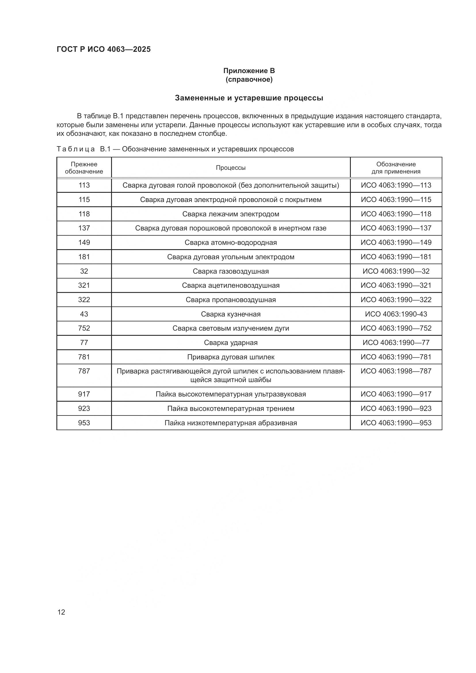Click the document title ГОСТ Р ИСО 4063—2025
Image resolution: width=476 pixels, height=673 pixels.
[x=104, y=49]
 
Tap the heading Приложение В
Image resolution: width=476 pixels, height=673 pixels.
[x=249, y=71]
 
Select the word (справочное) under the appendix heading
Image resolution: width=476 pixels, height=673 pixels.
[x=249, y=80]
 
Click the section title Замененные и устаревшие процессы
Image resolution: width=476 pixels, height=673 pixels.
[x=249, y=98]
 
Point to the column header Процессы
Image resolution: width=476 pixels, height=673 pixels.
[x=231, y=168]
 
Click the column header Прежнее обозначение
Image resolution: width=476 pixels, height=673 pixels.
[x=84, y=168]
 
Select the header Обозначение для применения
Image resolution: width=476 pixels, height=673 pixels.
[x=396, y=168]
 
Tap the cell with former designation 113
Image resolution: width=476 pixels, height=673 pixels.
[x=84, y=185]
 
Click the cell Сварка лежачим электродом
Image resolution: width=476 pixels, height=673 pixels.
[x=231, y=214]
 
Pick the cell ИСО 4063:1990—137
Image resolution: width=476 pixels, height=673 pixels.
[x=396, y=228]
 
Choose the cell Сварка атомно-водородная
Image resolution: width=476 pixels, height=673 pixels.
[x=231, y=242]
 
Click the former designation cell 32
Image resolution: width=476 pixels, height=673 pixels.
[x=84, y=271]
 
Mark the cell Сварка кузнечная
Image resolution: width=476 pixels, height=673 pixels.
[x=231, y=314]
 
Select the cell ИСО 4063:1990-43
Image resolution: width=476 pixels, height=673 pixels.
[x=396, y=314]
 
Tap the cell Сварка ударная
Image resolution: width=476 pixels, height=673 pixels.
[x=231, y=343]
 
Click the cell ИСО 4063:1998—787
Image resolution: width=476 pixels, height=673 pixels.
[x=396, y=371]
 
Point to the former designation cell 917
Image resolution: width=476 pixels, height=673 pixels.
[x=84, y=394]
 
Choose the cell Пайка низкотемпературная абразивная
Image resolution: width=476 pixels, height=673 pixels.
[x=231, y=423]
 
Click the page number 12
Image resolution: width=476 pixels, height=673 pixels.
[x=61, y=612]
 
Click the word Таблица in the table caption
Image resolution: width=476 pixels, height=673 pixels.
[x=76, y=149]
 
